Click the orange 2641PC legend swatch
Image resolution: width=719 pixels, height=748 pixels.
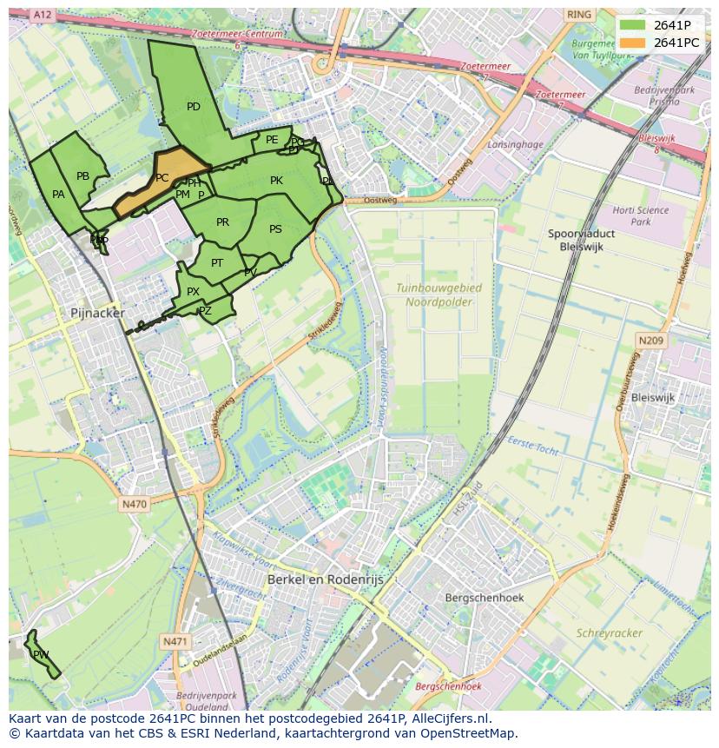(632, 43)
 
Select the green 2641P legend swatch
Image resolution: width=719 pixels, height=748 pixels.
(632, 25)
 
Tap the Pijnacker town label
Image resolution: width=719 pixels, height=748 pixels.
(97, 313)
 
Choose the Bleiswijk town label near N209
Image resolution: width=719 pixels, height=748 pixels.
(652, 397)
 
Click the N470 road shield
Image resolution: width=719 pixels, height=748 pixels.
(135, 504)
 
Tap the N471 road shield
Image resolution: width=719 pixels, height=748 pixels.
(175, 641)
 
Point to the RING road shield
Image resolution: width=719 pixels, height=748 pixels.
(577, 15)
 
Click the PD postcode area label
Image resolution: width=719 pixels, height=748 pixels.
(194, 107)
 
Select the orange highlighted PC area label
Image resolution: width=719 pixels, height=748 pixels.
(162, 178)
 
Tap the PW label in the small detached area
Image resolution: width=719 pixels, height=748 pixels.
(41, 654)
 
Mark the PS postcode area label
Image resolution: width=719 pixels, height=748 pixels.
(275, 229)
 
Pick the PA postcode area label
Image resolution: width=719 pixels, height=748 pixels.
(58, 195)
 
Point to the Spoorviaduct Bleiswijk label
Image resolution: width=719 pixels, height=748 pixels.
(582, 241)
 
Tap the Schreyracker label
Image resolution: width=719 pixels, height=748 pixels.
(610, 633)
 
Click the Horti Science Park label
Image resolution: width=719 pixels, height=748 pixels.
(640, 215)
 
